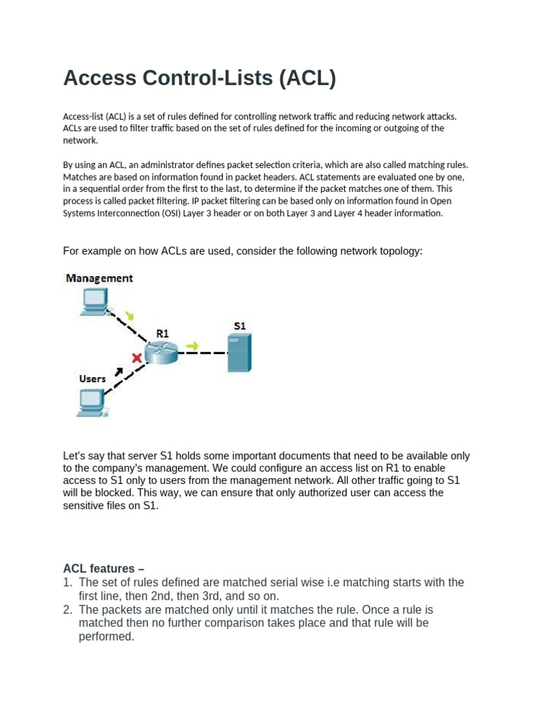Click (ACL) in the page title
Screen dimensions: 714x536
307,78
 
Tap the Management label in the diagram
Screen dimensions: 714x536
99,278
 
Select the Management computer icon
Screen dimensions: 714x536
94,301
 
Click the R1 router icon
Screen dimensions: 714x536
161,353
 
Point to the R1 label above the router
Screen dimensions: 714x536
162,334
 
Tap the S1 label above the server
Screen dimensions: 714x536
239,326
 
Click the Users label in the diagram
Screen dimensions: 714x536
92,379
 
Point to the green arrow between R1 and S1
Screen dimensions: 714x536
192,345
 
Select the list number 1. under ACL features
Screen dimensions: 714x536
68,582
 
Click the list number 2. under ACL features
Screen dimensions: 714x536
68,609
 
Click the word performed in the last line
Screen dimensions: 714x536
106,636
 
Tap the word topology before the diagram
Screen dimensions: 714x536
400,250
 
